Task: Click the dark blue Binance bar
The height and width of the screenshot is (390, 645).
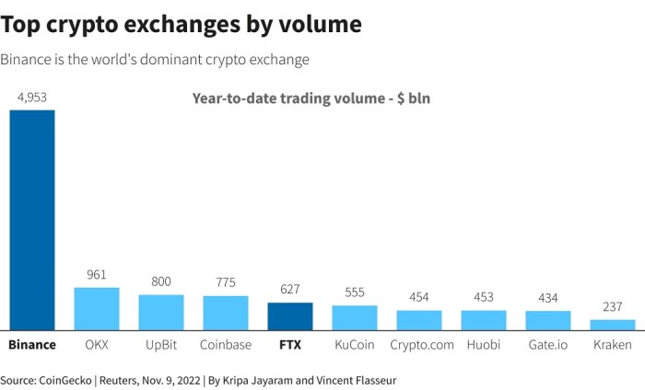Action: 32,220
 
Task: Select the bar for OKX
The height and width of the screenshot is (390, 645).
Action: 97,309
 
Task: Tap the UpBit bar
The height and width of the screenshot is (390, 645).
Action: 161,313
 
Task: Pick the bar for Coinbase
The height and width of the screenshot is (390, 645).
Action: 226,314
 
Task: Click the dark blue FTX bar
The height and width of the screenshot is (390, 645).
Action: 290,316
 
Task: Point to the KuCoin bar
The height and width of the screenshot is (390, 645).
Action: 355,318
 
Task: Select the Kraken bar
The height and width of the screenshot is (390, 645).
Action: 613,325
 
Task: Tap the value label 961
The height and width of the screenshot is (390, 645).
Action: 97,275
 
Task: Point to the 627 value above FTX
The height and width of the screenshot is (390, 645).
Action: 290,290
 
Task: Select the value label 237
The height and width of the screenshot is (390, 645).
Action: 613,307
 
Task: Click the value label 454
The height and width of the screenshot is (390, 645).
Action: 419,297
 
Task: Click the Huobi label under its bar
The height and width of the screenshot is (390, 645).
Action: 484,345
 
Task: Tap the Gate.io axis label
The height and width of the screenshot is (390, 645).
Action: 548,345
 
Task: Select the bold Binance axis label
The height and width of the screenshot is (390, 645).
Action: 32,345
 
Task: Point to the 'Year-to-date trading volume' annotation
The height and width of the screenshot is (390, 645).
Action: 311,98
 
